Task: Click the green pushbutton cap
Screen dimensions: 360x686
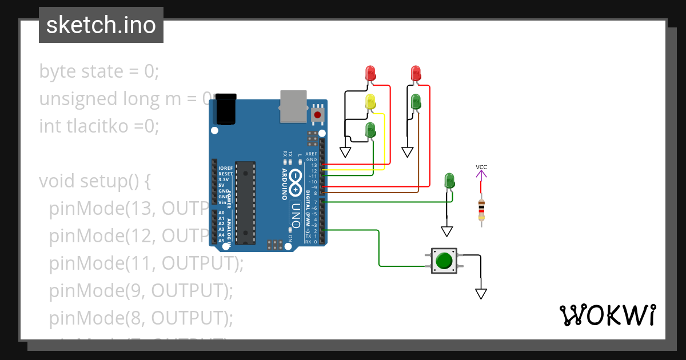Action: coord(444,261)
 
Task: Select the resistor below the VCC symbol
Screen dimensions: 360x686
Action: coord(481,210)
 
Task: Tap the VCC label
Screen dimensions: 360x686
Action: coord(481,167)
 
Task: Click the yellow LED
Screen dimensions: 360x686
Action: coord(370,102)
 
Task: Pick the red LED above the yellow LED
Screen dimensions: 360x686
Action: coord(370,73)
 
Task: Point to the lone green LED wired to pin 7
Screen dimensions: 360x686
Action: coord(450,181)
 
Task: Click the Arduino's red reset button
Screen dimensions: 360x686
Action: coord(317,115)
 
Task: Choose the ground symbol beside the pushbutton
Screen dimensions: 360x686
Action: coord(481,294)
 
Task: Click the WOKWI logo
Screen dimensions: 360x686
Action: coord(607,315)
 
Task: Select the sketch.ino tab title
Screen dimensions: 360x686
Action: coord(101,25)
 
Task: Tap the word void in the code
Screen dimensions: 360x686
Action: coord(58,181)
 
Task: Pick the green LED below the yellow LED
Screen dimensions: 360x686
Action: coord(370,130)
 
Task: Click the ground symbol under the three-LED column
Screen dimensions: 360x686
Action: coord(345,151)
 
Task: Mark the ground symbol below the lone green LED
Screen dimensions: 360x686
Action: coord(447,231)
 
